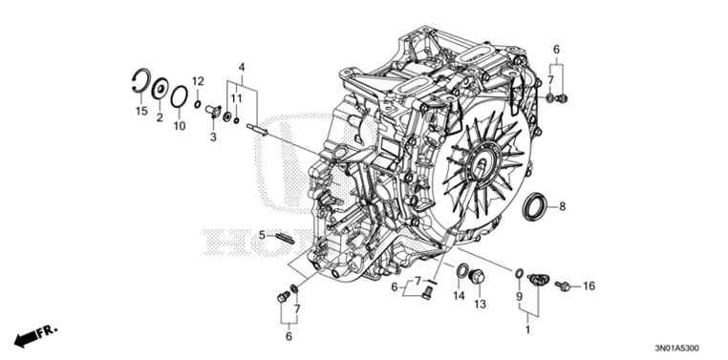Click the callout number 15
pos(140,113)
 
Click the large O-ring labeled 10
pos(179,97)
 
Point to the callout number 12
pos(198,79)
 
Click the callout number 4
pos(242,66)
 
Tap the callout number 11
pos(235,99)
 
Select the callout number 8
pos(562,206)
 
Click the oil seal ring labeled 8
pos(538,206)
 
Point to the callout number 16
pos(589,286)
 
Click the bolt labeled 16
pos(566,285)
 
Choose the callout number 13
pos(481,305)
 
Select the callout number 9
pos(521,297)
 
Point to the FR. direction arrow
pos(36,334)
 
